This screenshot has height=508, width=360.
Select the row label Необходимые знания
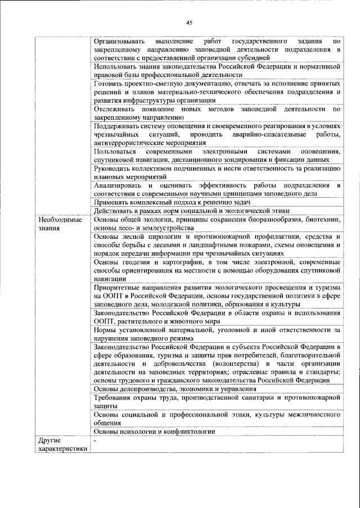click(x=58, y=224)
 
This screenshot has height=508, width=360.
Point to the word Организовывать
click(x=119, y=41)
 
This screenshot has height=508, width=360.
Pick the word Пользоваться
click(x=116, y=152)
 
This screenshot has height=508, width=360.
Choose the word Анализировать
click(x=118, y=185)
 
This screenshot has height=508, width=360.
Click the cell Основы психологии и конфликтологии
click(x=155, y=432)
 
